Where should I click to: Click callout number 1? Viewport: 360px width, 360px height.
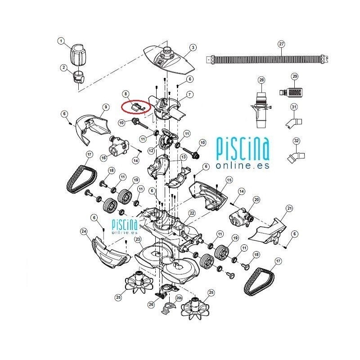(x=61, y=41)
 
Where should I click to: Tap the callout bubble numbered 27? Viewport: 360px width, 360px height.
(x=282, y=44)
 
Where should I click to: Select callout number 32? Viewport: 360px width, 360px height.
(x=296, y=141)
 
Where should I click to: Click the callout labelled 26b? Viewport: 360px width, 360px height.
(x=178, y=298)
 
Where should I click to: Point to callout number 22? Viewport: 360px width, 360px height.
(x=192, y=213)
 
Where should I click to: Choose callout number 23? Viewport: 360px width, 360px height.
(x=138, y=239)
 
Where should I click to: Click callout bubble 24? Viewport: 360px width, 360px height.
(x=84, y=231)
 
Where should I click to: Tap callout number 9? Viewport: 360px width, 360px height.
(x=106, y=107)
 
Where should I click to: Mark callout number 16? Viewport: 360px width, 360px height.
(x=103, y=157)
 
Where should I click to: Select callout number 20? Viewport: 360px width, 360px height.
(x=257, y=199)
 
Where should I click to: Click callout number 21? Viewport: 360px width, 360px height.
(x=289, y=208)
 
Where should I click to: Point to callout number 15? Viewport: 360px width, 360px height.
(x=229, y=180)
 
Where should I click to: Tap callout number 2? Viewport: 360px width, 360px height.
(x=63, y=67)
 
